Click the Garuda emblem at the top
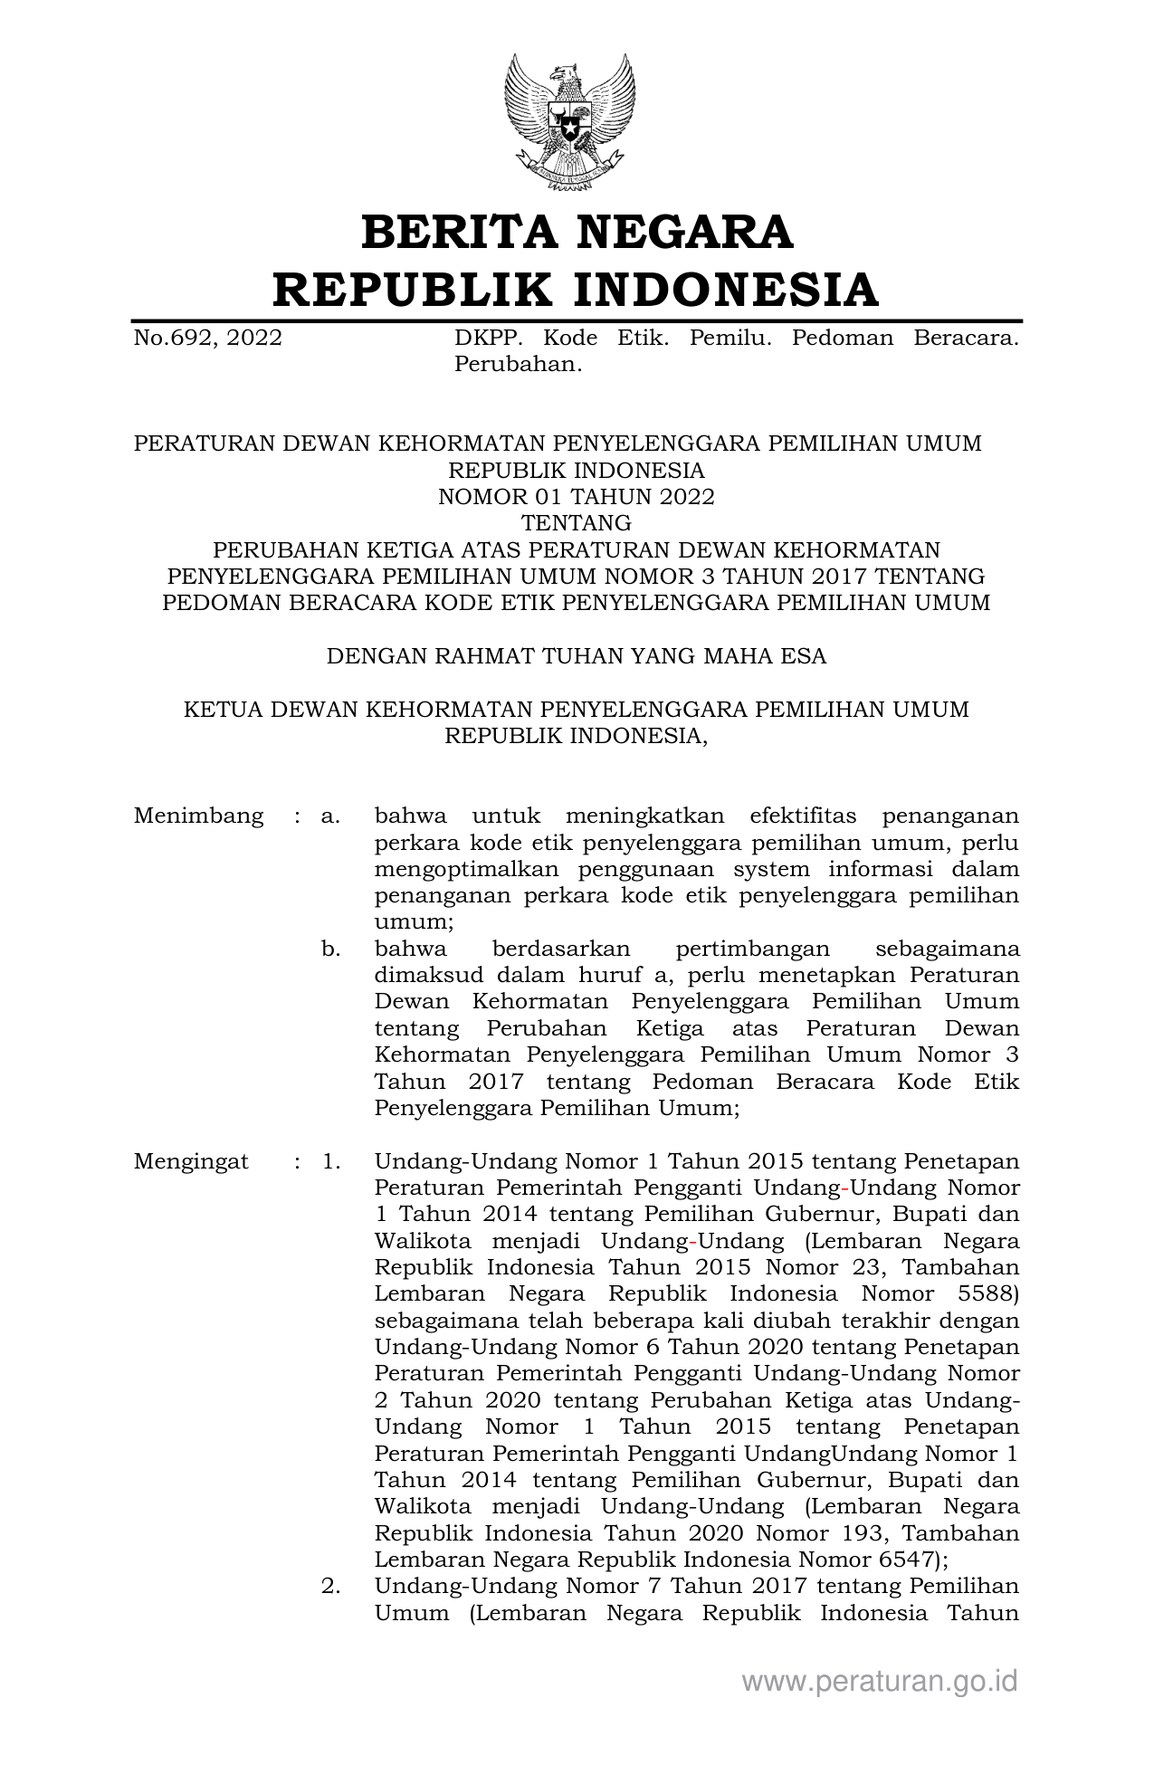tap(569, 122)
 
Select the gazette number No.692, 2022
tap(207, 339)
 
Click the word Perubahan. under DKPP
tap(517, 365)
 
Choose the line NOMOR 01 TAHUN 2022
tap(576, 497)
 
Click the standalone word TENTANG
tap(576, 523)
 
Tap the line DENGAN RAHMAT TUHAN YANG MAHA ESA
tap(576, 655)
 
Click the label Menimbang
tap(198, 816)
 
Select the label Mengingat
tap(191, 1161)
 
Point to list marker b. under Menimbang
tap(330, 949)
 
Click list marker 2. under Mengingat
tap(330, 1586)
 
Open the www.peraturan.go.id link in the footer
tap(880, 1682)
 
